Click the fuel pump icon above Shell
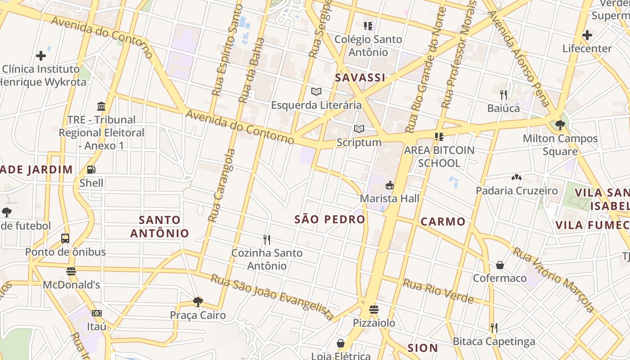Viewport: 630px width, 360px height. tap(91, 170)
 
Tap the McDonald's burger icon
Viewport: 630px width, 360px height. tap(71, 271)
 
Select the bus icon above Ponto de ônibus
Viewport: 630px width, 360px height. tap(65, 238)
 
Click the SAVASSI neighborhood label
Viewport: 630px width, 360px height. tap(360, 78)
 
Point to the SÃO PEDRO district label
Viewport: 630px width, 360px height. tap(330, 220)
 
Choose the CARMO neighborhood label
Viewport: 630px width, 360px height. tap(443, 221)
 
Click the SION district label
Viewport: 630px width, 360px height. tap(423, 348)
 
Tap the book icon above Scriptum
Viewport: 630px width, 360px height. tap(359, 129)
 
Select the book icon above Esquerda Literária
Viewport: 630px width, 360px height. tap(316, 92)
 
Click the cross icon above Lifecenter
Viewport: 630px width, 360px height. tap(587, 35)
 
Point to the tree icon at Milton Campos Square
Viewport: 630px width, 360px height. tap(560, 125)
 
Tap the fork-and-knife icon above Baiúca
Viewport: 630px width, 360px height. tap(504, 94)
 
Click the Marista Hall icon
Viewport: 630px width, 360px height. tap(390, 185)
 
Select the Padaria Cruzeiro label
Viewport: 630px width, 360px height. tap(517, 191)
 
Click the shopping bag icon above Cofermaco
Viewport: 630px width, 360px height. tap(499, 265)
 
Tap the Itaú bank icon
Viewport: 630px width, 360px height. tap(97, 313)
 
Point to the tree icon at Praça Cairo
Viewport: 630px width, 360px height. tap(198, 301)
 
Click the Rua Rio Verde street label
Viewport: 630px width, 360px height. tap(438, 291)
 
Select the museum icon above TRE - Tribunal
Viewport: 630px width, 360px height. tap(101, 107)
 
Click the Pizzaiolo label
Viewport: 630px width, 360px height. tap(373, 323)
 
